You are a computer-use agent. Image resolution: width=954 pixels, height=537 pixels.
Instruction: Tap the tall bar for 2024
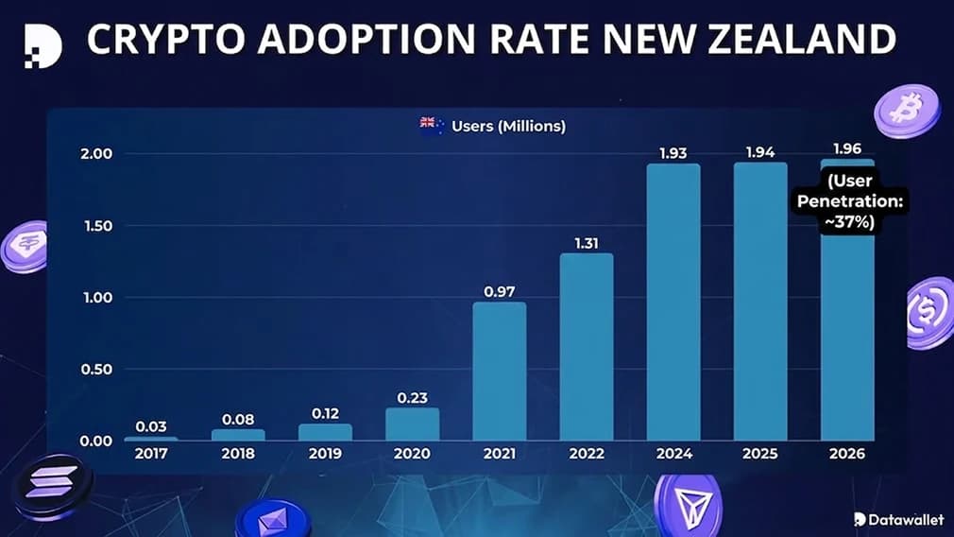pos(673,303)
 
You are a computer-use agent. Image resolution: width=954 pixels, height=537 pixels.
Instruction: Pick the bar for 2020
pos(413,424)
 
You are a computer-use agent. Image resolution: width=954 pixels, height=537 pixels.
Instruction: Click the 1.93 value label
pos(673,152)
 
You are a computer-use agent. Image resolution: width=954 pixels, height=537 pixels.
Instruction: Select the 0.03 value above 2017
pos(151,425)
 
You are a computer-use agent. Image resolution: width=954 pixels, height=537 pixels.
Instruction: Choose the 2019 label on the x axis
pos(325,454)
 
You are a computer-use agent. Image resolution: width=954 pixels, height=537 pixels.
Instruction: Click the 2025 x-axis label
pos(760,454)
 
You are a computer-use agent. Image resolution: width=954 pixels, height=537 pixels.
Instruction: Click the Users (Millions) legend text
pos(508,125)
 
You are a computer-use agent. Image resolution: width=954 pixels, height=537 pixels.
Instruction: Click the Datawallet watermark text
pos(905,519)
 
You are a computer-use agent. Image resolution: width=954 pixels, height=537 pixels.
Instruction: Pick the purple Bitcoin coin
pos(907,111)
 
